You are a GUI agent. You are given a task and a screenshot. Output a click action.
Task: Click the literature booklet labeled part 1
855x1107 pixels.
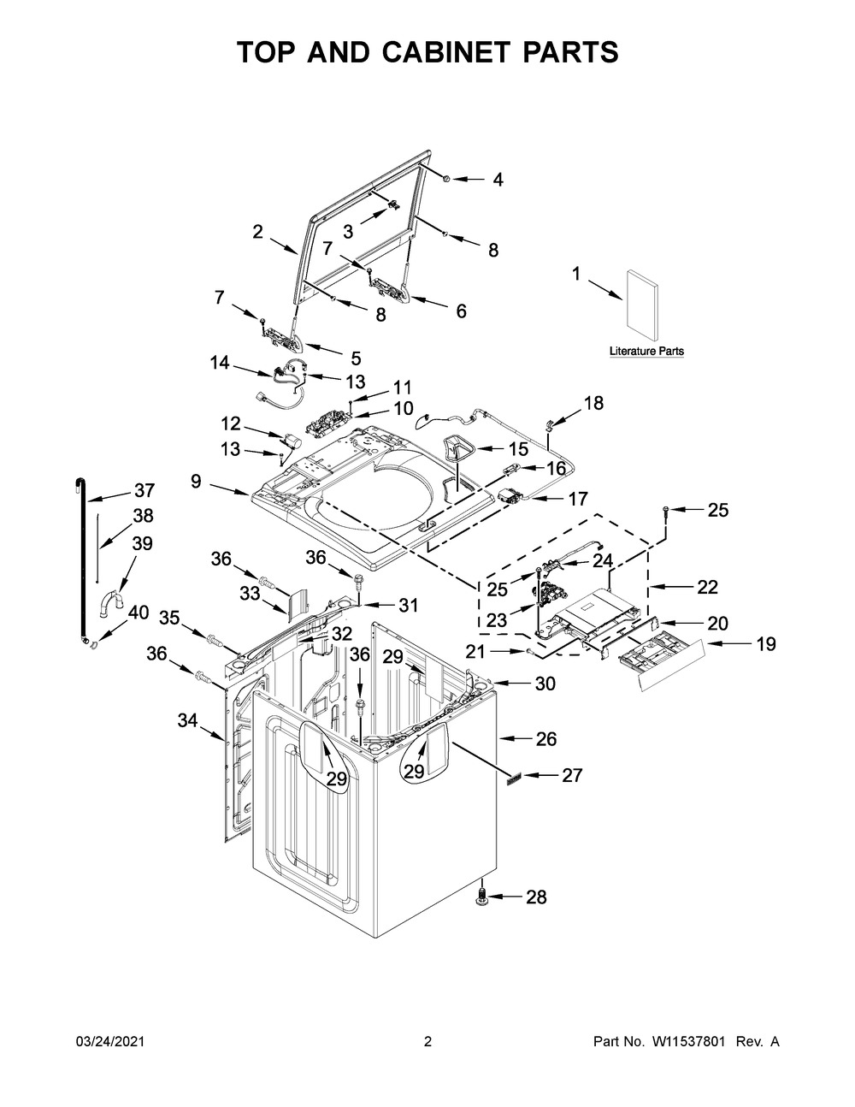click(642, 305)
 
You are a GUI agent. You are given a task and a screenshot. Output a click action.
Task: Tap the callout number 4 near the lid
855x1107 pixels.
click(498, 180)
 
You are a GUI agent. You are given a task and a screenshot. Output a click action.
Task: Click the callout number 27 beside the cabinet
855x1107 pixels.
click(571, 775)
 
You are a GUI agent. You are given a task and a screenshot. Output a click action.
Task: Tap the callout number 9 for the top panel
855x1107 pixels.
click(197, 482)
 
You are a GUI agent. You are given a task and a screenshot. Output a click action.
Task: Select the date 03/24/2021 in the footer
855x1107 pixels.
click(110, 1042)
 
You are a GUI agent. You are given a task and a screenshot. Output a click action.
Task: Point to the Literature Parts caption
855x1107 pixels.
click(646, 352)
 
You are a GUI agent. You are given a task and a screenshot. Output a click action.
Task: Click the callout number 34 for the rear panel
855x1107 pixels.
click(187, 722)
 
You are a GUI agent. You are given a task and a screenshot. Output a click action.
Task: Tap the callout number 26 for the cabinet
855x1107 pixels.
click(545, 737)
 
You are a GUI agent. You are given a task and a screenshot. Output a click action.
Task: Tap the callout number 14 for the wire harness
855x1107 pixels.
click(220, 363)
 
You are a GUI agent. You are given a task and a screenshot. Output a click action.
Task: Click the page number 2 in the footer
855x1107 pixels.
click(428, 1042)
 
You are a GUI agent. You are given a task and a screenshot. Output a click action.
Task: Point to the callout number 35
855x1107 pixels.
click(170, 618)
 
